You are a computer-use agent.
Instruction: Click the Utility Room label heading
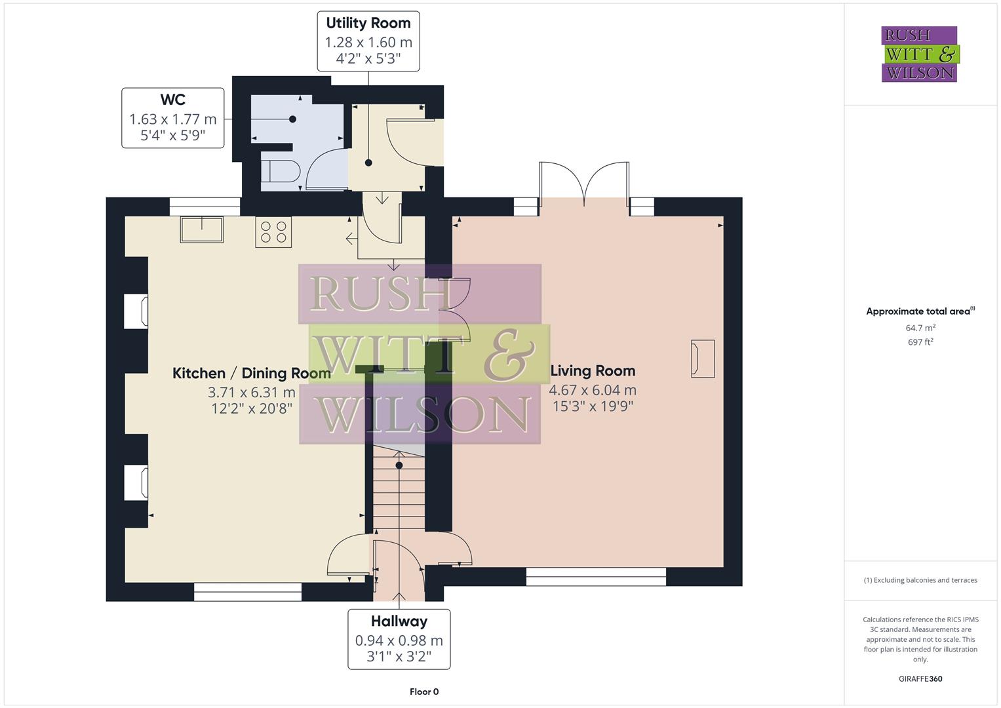368,23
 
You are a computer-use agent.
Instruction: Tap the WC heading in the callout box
172,100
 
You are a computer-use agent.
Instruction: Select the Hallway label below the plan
399,621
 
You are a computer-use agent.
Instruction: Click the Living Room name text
593,371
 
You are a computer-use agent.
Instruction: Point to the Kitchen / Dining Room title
251,374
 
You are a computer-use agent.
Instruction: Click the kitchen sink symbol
202,229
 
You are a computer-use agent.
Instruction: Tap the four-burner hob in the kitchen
273,233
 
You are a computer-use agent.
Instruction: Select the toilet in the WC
281,172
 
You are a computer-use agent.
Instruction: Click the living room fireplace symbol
702,358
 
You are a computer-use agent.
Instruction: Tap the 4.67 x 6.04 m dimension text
593,390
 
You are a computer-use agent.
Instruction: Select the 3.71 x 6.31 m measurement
251,393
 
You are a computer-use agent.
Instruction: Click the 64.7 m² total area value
920,328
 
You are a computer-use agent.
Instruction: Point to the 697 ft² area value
920,342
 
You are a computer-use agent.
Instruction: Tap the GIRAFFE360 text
920,679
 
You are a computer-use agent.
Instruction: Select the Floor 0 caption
423,692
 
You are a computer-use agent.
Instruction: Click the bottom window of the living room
596,576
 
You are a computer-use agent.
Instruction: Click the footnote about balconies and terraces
920,580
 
